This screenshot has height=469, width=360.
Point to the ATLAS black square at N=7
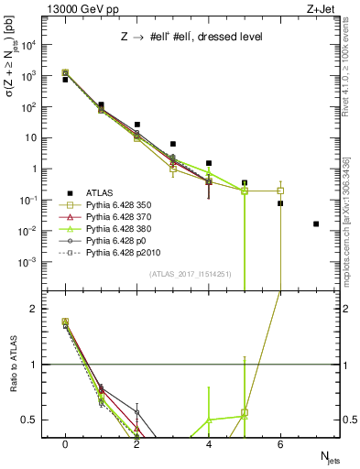pos(316,224)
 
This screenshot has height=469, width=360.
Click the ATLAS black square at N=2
pos(136,125)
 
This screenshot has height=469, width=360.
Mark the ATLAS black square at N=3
pos(173,144)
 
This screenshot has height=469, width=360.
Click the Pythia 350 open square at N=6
pos(280,191)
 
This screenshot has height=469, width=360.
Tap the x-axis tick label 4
pos(209,443)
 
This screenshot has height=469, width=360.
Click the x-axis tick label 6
pos(280,443)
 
